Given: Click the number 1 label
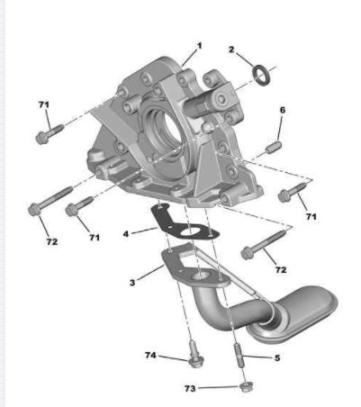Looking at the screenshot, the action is (x=199, y=46).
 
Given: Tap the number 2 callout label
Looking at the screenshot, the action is (x=231, y=50).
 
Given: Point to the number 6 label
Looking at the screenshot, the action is (x=283, y=110).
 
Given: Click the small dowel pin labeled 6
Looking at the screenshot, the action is (x=274, y=147).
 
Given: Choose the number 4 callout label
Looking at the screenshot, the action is (x=126, y=233).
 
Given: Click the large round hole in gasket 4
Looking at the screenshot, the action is (x=190, y=231).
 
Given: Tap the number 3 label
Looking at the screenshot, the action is (x=132, y=283).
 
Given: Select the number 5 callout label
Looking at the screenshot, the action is (x=277, y=357).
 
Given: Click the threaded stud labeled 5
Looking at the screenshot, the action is (x=239, y=356).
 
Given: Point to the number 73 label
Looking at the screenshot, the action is (x=190, y=389).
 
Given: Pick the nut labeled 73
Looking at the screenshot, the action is (x=247, y=387).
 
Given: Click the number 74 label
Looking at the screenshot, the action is (x=150, y=356).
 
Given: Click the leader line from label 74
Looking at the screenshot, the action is (x=173, y=357).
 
